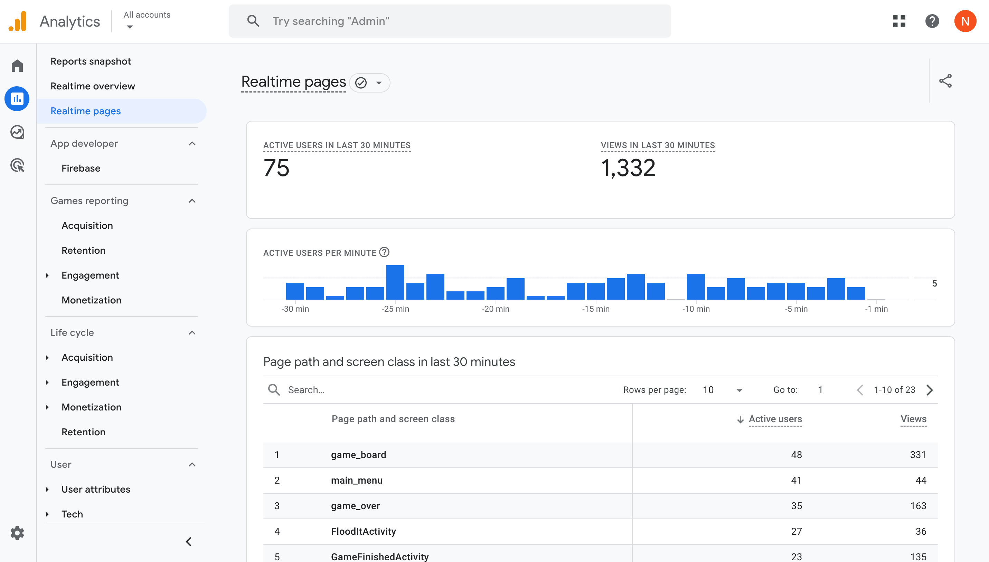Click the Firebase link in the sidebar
(x=81, y=168)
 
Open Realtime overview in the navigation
(x=93, y=86)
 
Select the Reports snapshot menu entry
(x=91, y=61)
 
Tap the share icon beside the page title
(x=945, y=81)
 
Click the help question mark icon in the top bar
(x=932, y=21)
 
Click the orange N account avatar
(x=965, y=21)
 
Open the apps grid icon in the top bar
(x=899, y=21)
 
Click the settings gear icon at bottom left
(x=17, y=533)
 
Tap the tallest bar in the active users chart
(x=395, y=282)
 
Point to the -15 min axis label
(x=596, y=309)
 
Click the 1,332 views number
(x=628, y=168)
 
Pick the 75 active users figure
(x=276, y=168)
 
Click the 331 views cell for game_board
(x=918, y=455)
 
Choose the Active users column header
(x=775, y=419)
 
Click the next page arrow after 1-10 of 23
(x=930, y=390)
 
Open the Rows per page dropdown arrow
(x=739, y=390)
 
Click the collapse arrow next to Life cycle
(x=192, y=333)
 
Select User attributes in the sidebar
(x=96, y=490)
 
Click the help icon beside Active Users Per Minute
(x=384, y=252)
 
